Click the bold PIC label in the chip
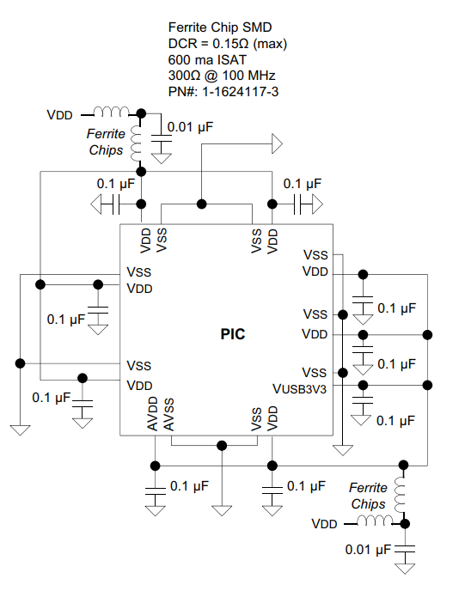233,334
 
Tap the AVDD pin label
152,413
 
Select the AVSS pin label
168,415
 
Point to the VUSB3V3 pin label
299,389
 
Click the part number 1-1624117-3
240,92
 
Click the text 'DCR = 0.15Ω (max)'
228,44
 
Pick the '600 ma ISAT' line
207,59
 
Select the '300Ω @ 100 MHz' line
222,76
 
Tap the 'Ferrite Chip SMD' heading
220,27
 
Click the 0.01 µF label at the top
190,127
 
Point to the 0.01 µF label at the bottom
368,550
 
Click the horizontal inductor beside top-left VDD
111,112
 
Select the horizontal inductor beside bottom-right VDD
375,521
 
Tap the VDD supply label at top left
59,115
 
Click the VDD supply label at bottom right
324,524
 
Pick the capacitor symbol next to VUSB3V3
363,400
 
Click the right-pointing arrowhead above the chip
277,143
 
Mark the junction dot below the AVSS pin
222,446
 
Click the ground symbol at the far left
20,430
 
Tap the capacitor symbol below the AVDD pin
156,491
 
